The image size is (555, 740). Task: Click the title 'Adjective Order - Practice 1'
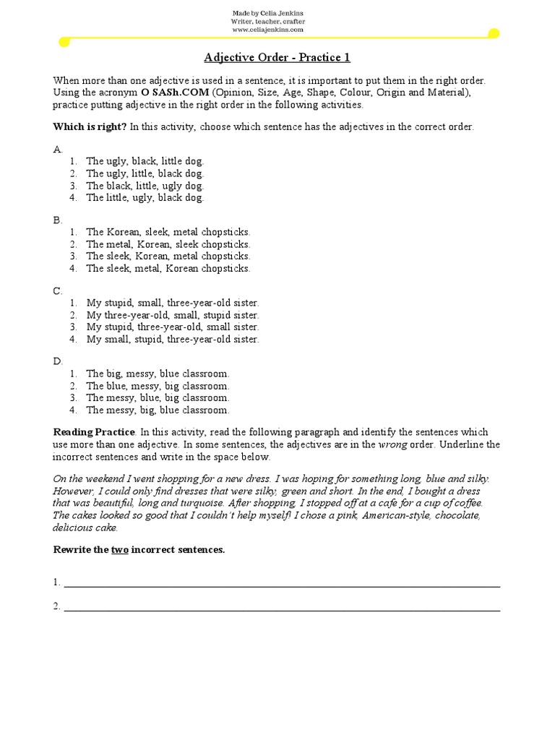point(277,58)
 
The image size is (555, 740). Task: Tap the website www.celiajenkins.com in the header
point(267,30)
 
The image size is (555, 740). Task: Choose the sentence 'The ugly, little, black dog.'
point(145,173)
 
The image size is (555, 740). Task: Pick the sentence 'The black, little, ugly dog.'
point(145,186)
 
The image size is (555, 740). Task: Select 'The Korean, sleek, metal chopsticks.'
point(168,232)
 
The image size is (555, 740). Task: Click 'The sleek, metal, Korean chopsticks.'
point(168,268)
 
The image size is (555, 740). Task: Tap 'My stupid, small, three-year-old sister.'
point(172,303)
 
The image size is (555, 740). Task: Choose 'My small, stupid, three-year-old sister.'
point(172,339)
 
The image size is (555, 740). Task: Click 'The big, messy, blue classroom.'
point(158,374)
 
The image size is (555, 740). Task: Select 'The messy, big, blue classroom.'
point(158,410)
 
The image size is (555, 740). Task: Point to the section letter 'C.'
point(59,291)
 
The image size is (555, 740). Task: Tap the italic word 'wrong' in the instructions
point(392,444)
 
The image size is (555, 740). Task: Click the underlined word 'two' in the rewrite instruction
point(119,550)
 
